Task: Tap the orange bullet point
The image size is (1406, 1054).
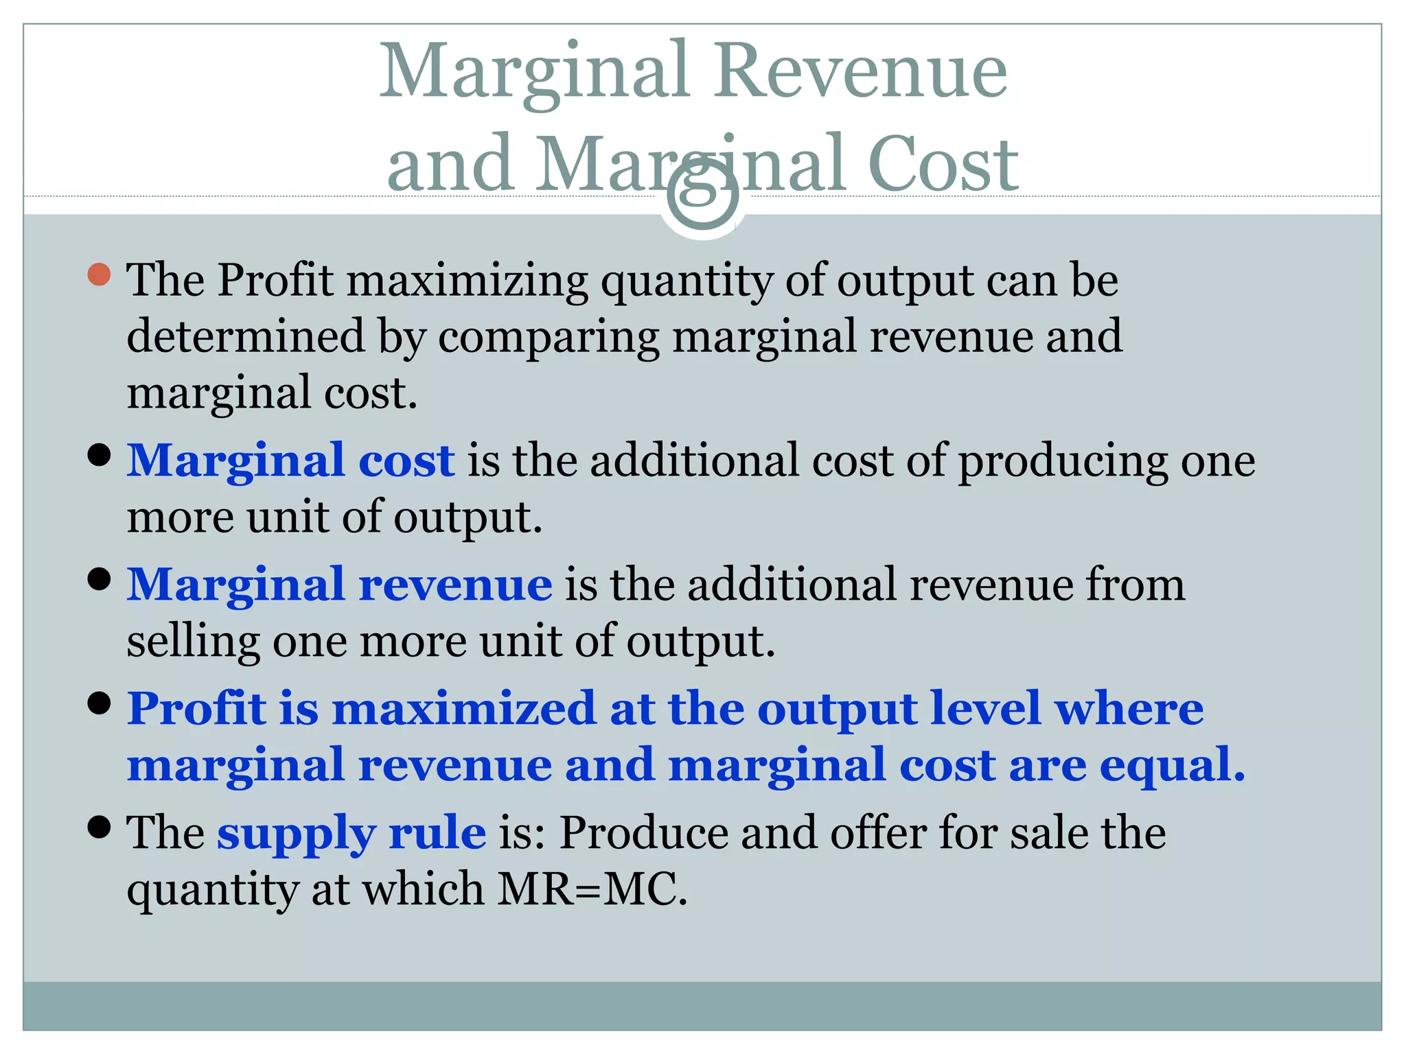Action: click(100, 274)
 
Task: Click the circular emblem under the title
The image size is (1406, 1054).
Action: click(702, 199)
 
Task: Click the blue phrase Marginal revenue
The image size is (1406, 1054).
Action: click(339, 585)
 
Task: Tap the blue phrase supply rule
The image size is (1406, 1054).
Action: click(351, 833)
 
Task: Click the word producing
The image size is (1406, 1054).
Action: click(1063, 461)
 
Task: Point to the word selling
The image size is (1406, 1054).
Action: click(193, 642)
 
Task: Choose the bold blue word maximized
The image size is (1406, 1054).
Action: click(464, 709)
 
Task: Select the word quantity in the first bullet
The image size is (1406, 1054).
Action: click(687, 281)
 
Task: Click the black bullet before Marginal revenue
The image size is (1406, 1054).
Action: click(100, 579)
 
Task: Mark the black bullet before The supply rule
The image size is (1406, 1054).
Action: click(100, 827)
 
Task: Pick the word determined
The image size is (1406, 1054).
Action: click(246, 336)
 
